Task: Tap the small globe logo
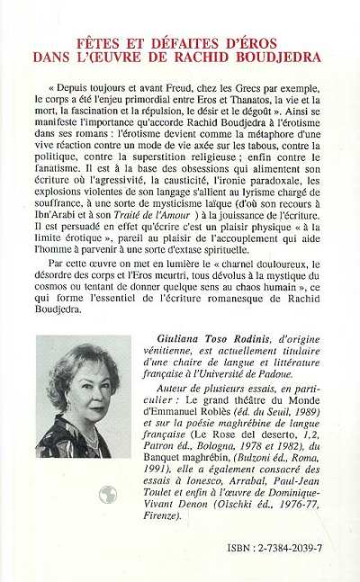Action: point(108,495)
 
